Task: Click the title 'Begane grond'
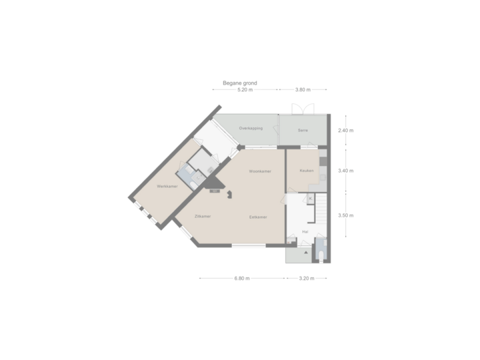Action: (239, 83)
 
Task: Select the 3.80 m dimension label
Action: (303, 90)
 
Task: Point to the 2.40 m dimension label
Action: (346, 131)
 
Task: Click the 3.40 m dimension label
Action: (346, 171)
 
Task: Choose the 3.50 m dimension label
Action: (346, 215)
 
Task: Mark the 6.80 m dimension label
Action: (242, 279)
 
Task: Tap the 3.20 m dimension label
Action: (308, 279)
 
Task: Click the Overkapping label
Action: (251, 128)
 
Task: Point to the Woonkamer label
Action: (259, 171)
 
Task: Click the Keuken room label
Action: (307, 171)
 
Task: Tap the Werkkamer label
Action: (167, 186)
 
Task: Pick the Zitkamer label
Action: (203, 217)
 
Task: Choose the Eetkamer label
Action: (259, 217)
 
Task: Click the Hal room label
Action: (305, 231)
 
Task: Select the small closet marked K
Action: (311, 198)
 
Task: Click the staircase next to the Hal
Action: (322, 213)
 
